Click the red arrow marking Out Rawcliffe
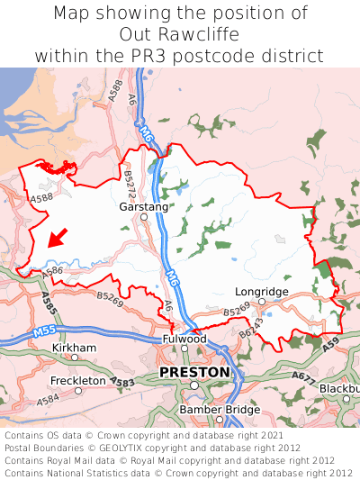click(57, 238)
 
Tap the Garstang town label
click(143, 206)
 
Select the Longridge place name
click(261, 292)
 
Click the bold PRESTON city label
click(193, 371)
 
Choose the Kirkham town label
click(75, 347)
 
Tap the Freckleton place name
click(78, 380)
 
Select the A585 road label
click(49, 303)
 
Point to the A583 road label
click(124, 383)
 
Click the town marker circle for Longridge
click(262, 303)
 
